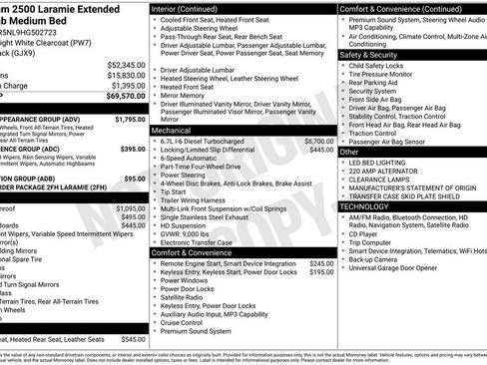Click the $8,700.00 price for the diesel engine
click(318, 142)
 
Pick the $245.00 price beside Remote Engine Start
click(321, 264)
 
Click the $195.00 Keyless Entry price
click(321, 273)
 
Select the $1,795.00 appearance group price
click(131, 119)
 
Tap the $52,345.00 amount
click(127, 65)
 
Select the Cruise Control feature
click(186, 322)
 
